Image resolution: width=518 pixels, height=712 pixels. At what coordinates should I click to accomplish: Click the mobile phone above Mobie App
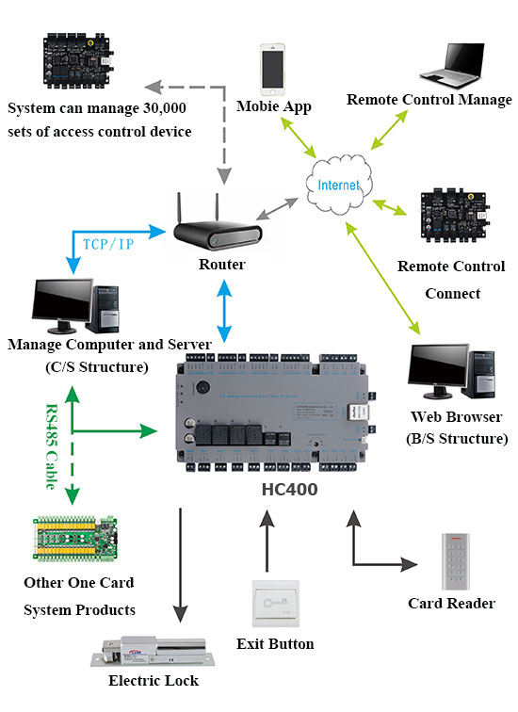tap(272, 69)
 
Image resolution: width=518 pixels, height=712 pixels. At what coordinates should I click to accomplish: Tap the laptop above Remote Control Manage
tap(452, 65)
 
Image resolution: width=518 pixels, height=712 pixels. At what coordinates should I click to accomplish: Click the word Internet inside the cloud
tap(339, 186)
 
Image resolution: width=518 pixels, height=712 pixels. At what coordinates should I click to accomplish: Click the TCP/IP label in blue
tap(108, 244)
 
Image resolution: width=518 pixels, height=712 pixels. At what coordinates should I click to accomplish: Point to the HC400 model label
tap(290, 490)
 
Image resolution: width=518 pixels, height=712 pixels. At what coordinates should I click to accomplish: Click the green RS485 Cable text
tap(51, 446)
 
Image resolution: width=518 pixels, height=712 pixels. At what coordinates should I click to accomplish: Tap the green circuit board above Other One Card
tap(75, 539)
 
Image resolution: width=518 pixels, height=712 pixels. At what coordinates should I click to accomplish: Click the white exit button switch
tap(276, 604)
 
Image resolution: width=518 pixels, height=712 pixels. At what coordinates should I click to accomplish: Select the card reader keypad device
tap(456, 561)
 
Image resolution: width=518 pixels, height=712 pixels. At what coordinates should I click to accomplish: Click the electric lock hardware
tap(153, 652)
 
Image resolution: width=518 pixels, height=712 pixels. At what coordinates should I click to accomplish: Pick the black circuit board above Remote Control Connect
tap(455, 217)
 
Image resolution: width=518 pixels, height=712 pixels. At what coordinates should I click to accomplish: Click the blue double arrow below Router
tap(224, 311)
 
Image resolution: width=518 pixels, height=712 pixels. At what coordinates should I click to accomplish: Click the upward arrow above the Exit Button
tap(267, 541)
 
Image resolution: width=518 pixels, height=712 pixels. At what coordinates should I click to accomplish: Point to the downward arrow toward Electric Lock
tap(180, 565)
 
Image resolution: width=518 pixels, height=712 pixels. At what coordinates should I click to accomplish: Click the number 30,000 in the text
tap(165, 108)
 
